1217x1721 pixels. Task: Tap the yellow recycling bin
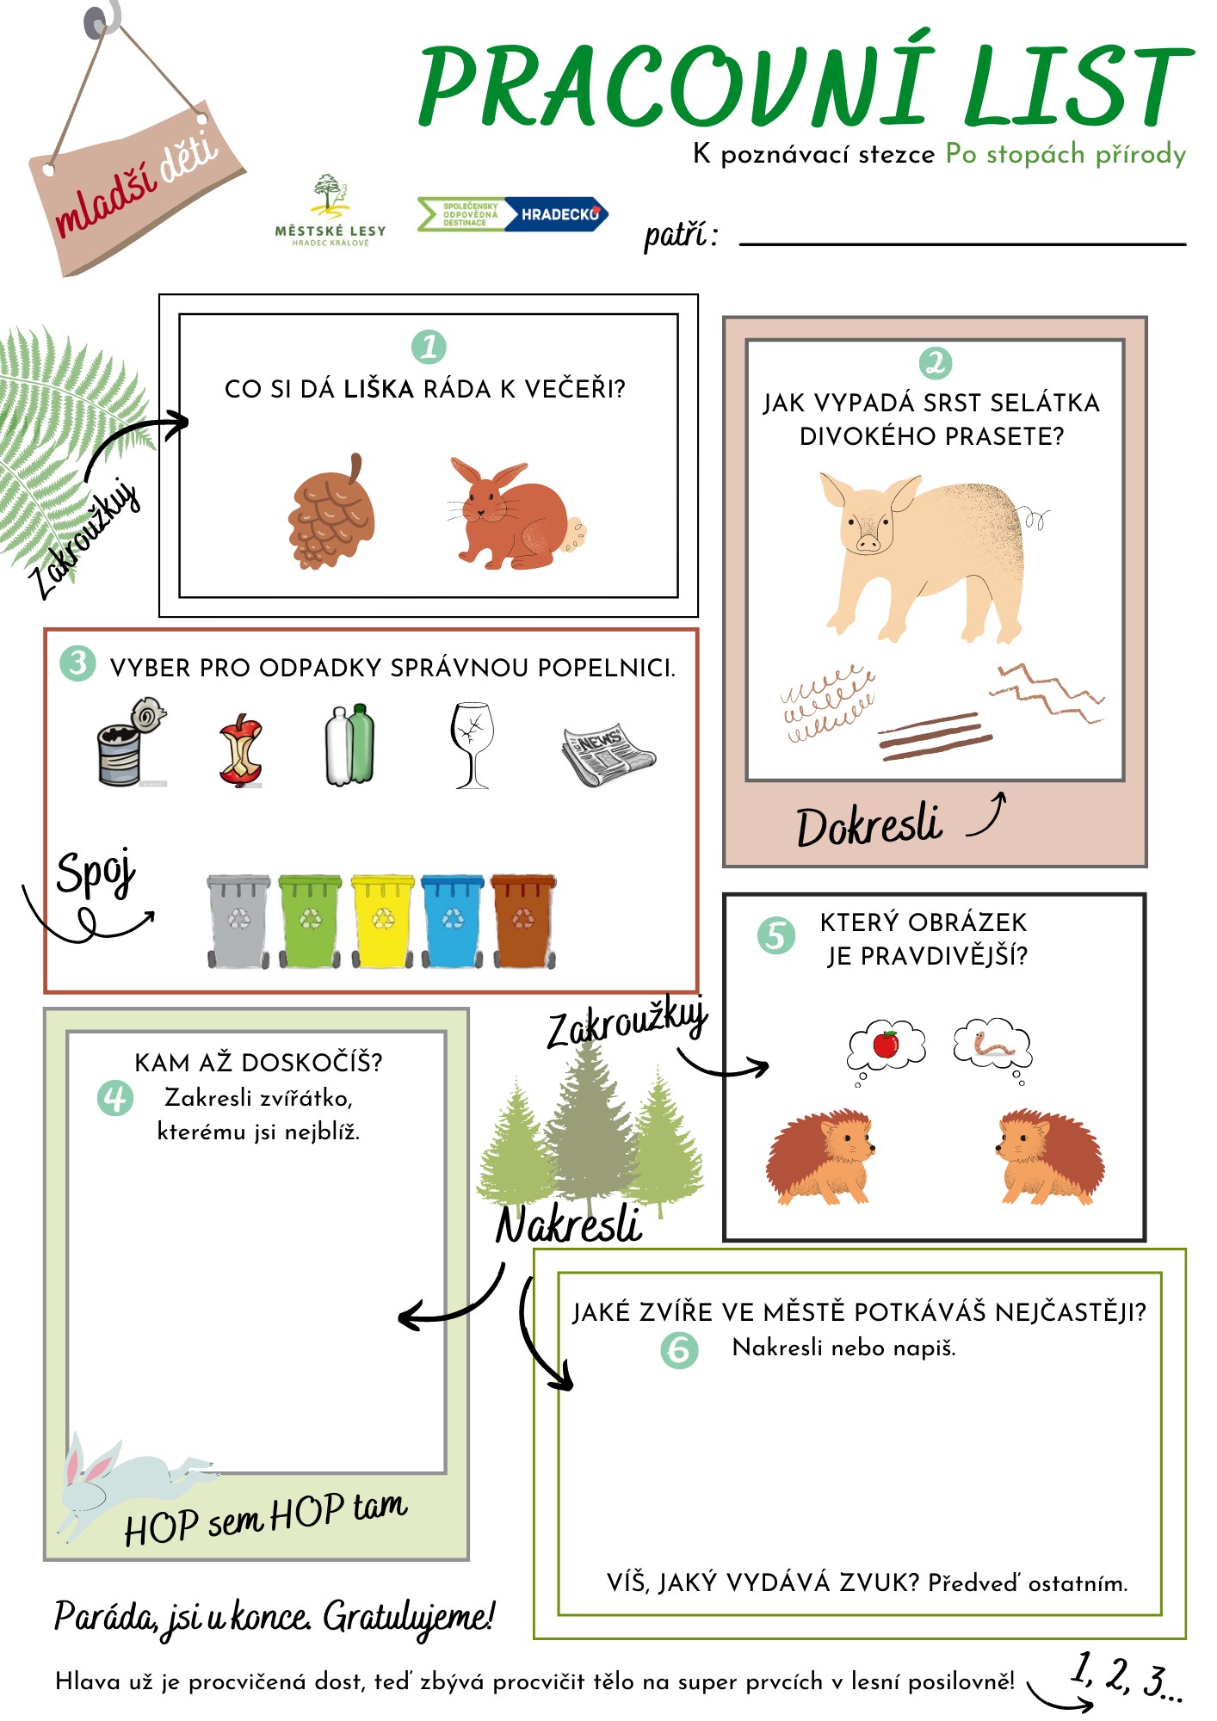point(383,922)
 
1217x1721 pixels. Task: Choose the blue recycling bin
point(453,922)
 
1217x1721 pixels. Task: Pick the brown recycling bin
point(523,922)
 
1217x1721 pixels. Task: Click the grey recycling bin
point(238,922)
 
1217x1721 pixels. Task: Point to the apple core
point(242,750)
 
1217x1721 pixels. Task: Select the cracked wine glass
point(473,745)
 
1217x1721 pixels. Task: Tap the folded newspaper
point(608,754)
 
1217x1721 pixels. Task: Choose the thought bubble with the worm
point(992,1046)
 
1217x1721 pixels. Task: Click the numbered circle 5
point(776,935)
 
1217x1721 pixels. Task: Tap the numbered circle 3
point(77,663)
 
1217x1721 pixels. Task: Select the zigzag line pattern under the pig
point(1047,691)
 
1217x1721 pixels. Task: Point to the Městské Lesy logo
point(331,211)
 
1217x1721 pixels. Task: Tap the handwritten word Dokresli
point(869,826)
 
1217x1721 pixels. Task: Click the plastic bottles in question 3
point(350,744)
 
